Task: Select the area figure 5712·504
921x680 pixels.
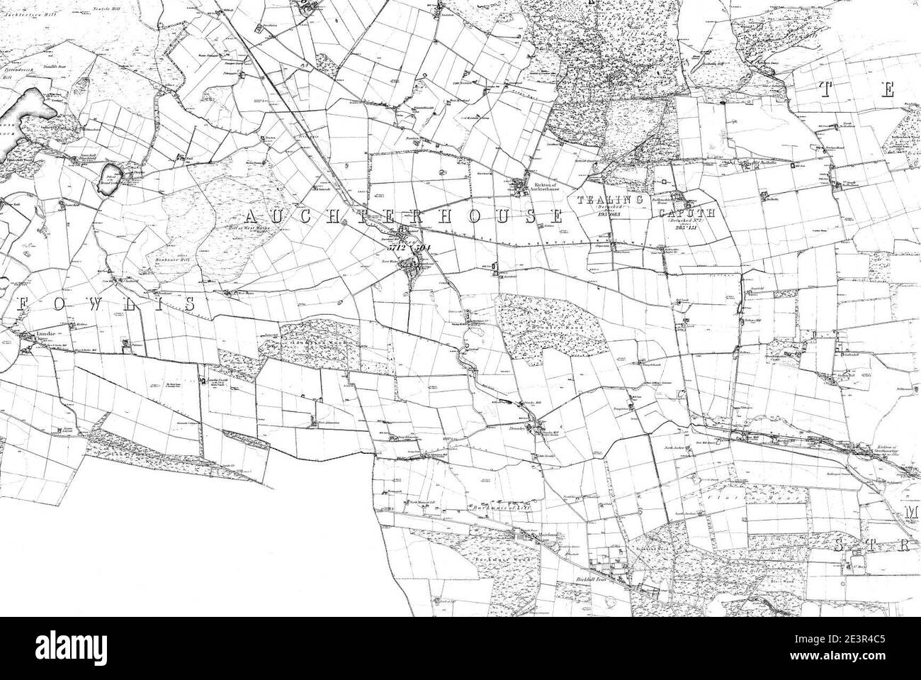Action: [x=405, y=248]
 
